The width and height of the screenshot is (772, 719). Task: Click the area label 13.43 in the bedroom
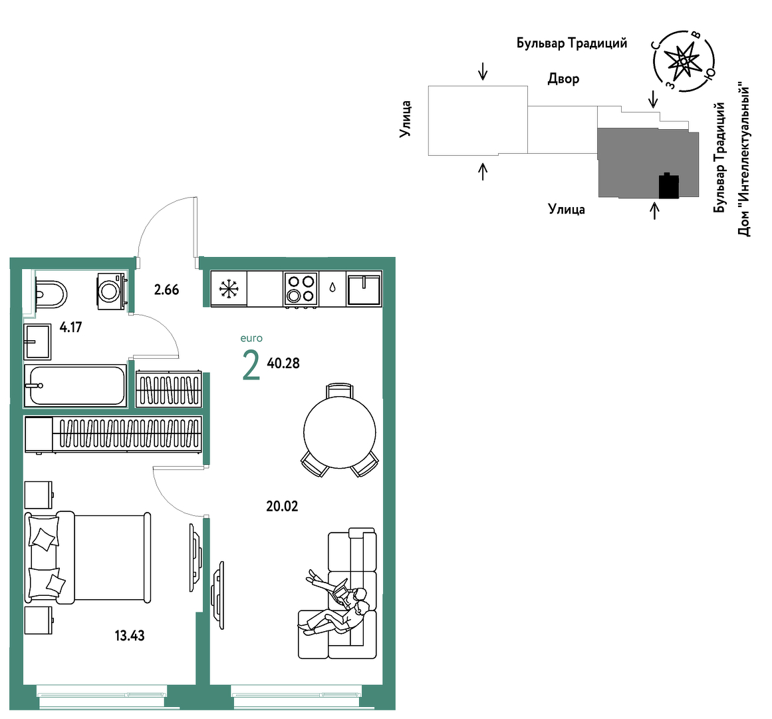pyautogui.click(x=130, y=636)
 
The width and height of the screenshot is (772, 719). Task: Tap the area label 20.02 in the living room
pyautogui.click(x=282, y=506)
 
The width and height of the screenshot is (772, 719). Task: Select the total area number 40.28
pyautogui.click(x=283, y=363)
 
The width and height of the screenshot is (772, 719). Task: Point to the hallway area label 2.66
pyautogui.click(x=166, y=290)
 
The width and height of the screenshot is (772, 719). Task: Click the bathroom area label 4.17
pyautogui.click(x=70, y=328)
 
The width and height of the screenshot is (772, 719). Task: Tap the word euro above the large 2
pyautogui.click(x=251, y=339)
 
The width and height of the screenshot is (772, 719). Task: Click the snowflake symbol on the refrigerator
pyautogui.click(x=229, y=289)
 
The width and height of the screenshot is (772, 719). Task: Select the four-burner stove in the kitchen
pyautogui.click(x=301, y=290)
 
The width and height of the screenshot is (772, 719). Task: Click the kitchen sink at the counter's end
pyautogui.click(x=364, y=290)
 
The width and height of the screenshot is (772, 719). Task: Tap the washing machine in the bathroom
pyautogui.click(x=112, y=291)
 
